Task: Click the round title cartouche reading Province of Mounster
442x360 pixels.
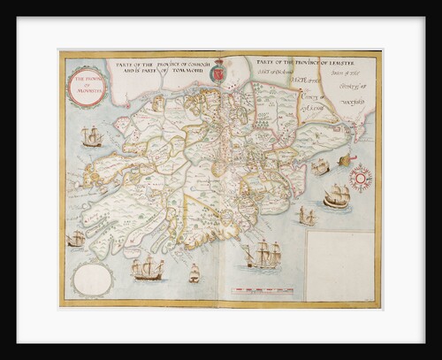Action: point(86,84)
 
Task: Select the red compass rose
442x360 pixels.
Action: point(360,178)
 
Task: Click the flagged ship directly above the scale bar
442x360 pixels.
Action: point(263,257)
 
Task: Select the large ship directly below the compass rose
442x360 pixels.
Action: point(337,197)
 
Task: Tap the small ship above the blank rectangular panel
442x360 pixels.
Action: point(307,216)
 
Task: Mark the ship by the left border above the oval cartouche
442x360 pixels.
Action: point(77,238)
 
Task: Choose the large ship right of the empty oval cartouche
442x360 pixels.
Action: point(148,269)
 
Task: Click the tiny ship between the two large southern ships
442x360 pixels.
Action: point(194,274)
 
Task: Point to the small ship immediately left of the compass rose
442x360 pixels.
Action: point(321,167)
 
